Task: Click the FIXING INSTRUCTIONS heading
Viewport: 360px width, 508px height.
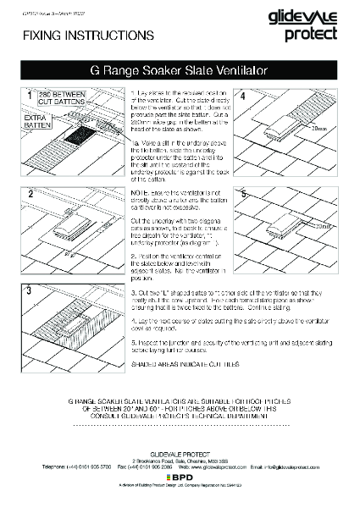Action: pos(65,36)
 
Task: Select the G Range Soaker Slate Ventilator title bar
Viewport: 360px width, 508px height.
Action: pos(180,74)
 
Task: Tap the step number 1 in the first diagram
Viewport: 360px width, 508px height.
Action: pos(30,95)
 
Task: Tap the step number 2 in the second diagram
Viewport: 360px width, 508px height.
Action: pos(30,193)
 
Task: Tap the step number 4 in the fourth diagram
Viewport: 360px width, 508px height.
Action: pos(243,95)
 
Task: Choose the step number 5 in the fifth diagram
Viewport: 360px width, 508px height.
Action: pos(243,193)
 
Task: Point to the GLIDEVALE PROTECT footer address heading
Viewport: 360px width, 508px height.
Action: pos(180,452)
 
